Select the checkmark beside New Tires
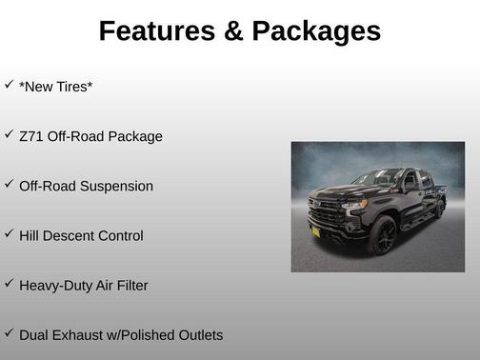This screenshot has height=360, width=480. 9,84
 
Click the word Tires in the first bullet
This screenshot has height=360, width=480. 71,87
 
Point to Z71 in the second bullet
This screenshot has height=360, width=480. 30,136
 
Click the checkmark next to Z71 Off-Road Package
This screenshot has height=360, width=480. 9,133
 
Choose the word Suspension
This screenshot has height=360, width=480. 117,187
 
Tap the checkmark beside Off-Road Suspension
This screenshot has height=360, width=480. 9,183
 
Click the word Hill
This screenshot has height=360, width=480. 30,235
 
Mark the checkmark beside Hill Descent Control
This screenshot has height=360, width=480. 9,232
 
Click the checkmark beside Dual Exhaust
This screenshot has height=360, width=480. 9,331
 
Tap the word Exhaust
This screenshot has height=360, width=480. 79,335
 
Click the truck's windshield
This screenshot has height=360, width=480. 379,178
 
